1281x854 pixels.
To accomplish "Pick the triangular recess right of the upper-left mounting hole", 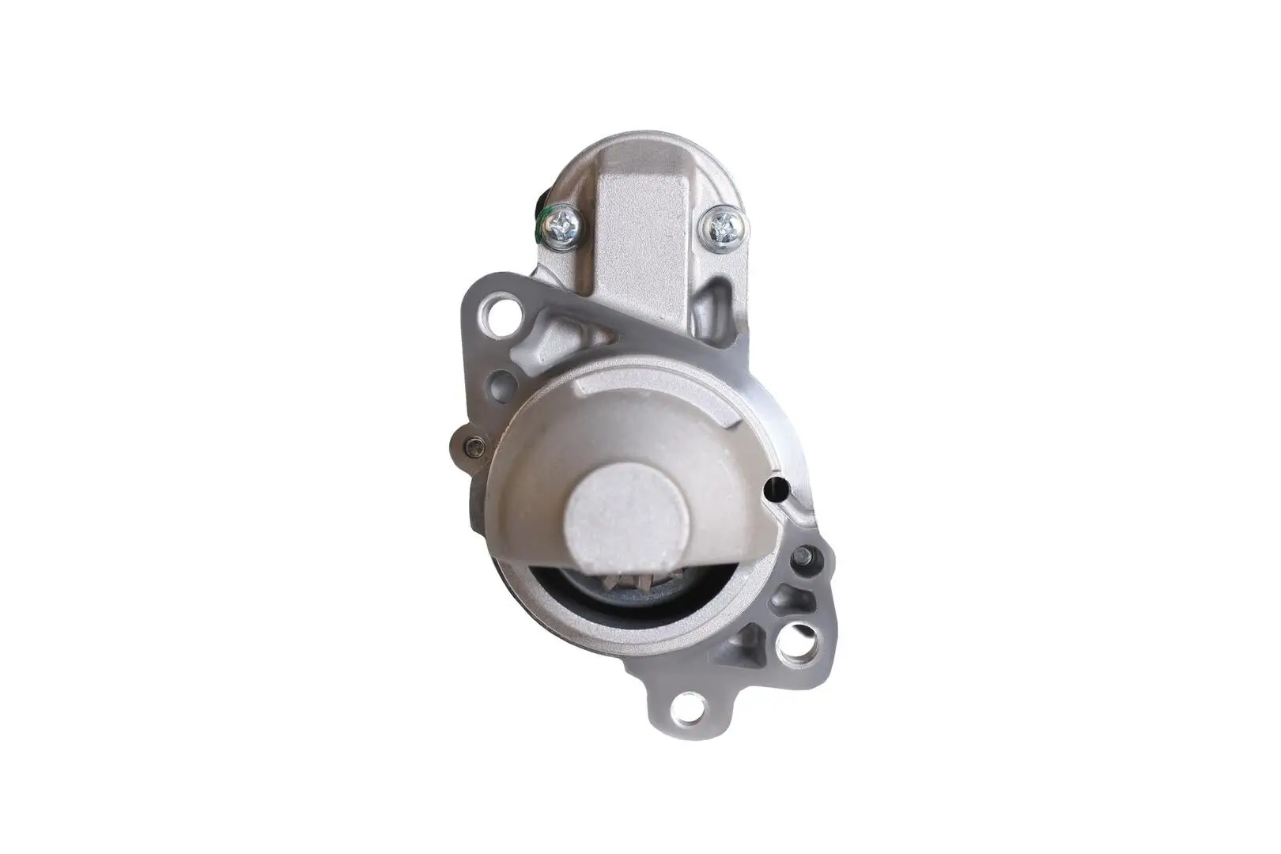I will click(x=554, y=332).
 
